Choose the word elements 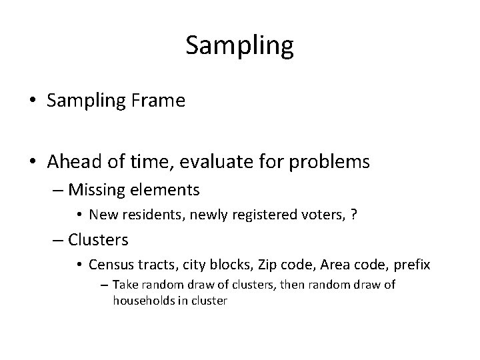click(168, 190)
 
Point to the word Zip click(263, 265)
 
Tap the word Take click(124, 285)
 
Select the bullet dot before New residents click(79, 215)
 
